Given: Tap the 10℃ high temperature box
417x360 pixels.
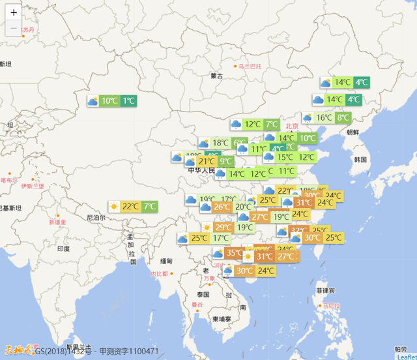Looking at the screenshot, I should (x=109, y=101).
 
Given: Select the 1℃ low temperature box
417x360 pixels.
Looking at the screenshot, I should (x=128, y=101).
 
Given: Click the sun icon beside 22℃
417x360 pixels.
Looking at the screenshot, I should (x=115, y=207).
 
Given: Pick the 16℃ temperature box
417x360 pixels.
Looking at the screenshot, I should (x=324, y=118).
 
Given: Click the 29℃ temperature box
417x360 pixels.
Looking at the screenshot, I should (x=223, y=228).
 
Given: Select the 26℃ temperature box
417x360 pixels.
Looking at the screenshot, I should (x=222, y=207).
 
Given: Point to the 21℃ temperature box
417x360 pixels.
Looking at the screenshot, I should (x=207, y=162).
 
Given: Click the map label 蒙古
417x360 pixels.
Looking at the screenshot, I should (x=216, y=76).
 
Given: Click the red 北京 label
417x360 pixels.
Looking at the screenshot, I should (x=291, y=126).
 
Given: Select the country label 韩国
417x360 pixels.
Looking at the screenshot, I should (x=360, y=159).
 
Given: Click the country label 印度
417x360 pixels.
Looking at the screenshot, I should (x=63, y=248).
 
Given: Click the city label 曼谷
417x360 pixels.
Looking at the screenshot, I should (x=197, y=305).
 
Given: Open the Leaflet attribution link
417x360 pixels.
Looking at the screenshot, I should (x=405, y=356).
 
